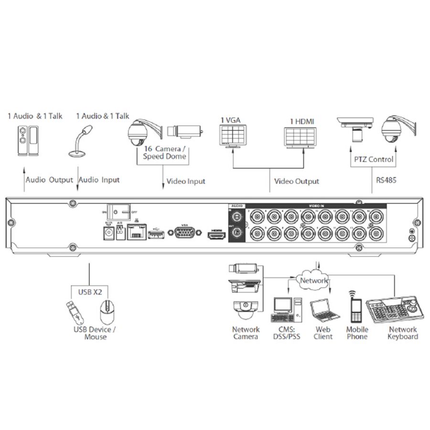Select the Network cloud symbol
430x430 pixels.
(x=313, y=280)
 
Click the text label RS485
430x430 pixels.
(x=387, y=181)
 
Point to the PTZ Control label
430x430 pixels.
(x=372, y=159)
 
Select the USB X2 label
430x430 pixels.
(x=90, y=291)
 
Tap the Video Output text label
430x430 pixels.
(x=296, y=182)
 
